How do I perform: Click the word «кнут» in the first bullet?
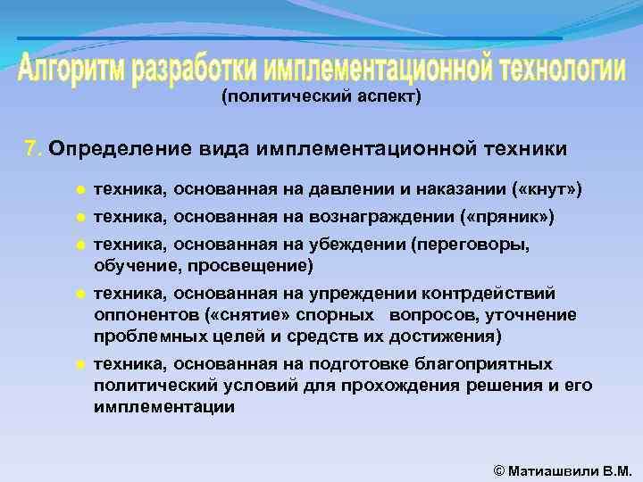[x=552, y=189]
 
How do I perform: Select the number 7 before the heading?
[x=32, y=148]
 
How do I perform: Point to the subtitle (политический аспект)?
[x=321, y=96]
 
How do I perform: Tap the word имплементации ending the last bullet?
[x=164, y=406]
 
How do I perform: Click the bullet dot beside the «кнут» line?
[x=79, y=190]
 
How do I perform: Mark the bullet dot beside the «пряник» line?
[x=79, y=218]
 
